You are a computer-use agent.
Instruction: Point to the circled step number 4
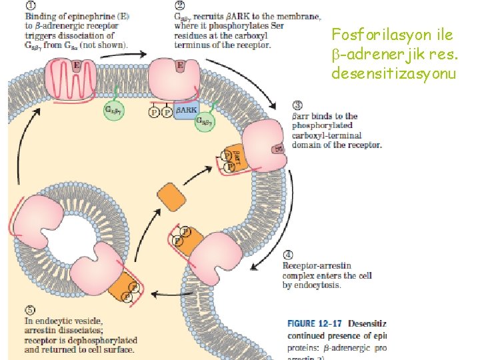click(288, 254)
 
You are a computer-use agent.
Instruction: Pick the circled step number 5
click(30, 310)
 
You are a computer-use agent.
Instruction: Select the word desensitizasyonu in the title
click(393, 73)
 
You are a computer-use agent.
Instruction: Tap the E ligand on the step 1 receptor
click(77, 65)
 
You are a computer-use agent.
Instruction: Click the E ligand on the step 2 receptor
click(181, 65)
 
